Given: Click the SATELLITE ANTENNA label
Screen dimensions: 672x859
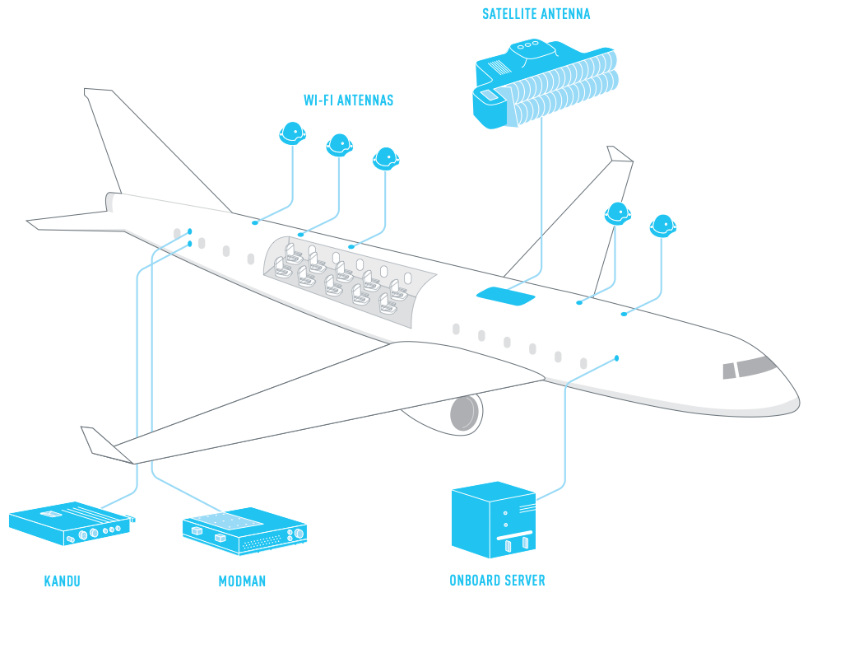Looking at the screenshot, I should point(536,14).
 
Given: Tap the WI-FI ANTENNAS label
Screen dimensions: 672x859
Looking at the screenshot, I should point(348,100).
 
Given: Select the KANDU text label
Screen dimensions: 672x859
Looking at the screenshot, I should point(62,581).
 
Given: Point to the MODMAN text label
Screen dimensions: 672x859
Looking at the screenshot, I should point(242,581).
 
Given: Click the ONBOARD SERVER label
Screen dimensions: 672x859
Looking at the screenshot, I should point(497,581).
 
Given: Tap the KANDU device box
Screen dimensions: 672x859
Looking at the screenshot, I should point(70,522).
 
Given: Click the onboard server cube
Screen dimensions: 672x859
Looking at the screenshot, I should point(493,520).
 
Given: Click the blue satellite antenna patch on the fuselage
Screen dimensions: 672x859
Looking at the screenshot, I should point(505,296).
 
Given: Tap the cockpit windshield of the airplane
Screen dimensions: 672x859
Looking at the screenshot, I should point(755,366).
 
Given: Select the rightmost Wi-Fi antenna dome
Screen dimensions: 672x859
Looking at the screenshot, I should point(662,225).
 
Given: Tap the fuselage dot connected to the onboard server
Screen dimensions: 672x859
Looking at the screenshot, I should point(616,358).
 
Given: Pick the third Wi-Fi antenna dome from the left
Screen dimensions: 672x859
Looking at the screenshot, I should point(385,158).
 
